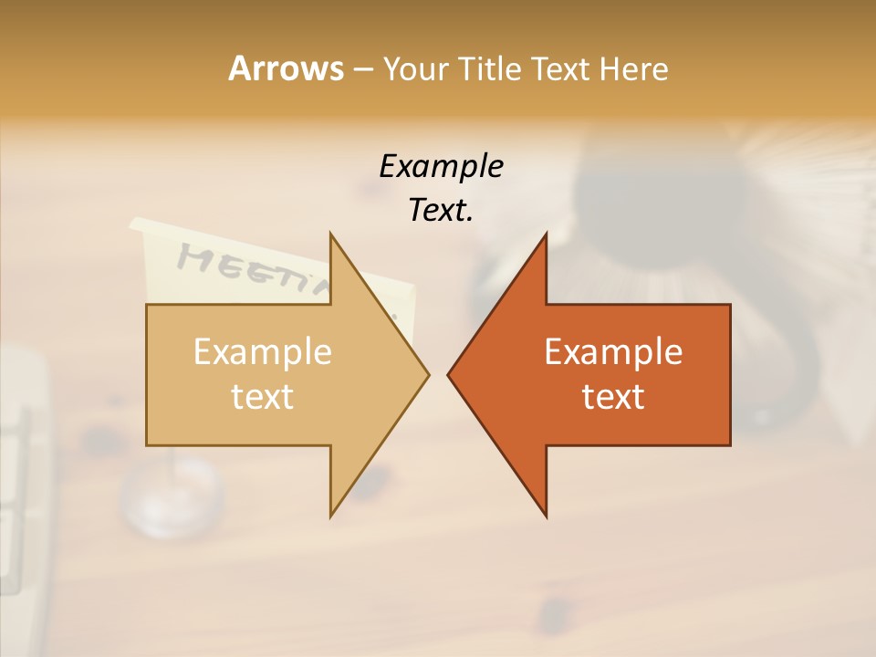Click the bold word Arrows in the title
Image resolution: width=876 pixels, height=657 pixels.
point(286,68)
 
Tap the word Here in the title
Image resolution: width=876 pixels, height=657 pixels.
point(634,68)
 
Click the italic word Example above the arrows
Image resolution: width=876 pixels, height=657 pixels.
point(441,166)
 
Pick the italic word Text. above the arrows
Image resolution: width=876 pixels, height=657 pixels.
point(441,211)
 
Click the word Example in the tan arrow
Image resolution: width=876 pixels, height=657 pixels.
point(263,352)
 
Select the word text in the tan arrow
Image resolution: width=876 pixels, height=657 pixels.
point(263,397)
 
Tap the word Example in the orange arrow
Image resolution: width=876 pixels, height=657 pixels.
point(613,352)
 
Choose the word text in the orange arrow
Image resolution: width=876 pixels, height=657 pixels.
point(613,397)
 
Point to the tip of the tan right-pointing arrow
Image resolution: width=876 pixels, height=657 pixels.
point(428,375)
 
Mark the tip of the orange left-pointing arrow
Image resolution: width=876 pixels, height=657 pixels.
point(448,375)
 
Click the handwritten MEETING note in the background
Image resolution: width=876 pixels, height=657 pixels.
point(245,268)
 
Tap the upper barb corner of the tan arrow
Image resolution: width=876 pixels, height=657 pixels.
point(330,234)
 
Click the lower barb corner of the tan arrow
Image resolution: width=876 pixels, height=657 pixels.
point(330,516)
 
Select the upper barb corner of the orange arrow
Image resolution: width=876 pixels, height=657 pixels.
point(546,234)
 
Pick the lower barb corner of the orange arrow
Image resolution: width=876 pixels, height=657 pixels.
point(546,516)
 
